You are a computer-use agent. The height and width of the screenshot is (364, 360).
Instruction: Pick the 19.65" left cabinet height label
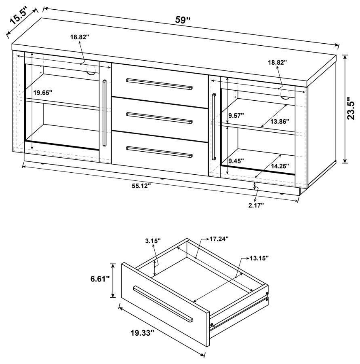point(43,93)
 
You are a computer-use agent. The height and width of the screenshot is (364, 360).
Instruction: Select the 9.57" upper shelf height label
point(237,115)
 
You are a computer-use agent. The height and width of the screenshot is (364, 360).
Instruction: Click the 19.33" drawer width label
point(143,333)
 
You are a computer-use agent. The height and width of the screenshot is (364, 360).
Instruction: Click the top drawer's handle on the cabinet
point(159,84)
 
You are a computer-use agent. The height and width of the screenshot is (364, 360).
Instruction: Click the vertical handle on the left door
point(104,113)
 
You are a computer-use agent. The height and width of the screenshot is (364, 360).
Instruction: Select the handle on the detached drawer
point(163,303)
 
